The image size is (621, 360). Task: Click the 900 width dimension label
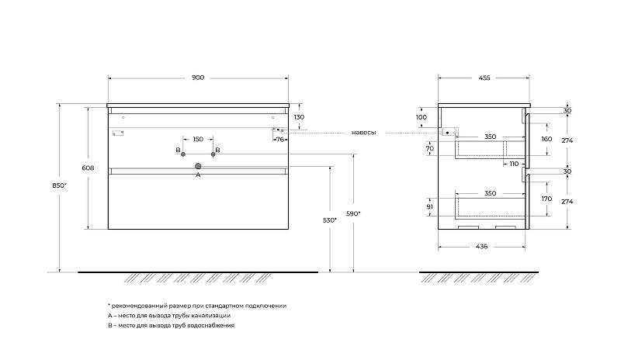(x=198, y=78)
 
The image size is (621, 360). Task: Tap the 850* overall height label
(x=60, y=185)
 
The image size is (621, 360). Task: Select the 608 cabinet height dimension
(x=88, y=168)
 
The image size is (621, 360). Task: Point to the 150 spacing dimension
(x=198, y=139)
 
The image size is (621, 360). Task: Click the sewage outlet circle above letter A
(x=198, y=166)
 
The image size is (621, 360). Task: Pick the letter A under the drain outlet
(x=198, y=175)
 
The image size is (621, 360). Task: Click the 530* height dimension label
(x=329, y=220)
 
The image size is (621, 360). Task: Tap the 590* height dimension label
(x=353, y=214)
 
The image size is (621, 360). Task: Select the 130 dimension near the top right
(x=299, y=117)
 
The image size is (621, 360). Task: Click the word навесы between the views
(x=363, y=132)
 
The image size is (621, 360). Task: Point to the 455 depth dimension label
(x=484, y=78)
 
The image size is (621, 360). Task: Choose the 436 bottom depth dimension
(x=481, y=247)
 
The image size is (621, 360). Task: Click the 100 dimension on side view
(x=422, y=117)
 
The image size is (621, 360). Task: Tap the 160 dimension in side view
(x=546, y=139)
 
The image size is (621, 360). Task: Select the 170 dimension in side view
(x=546, y=199)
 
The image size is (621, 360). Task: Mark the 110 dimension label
(x=514, y=164)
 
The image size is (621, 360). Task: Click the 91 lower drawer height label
(x=430, y=206)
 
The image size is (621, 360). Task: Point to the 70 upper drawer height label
(x=430, y=148)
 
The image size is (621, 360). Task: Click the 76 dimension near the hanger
(x=280, y=140)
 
